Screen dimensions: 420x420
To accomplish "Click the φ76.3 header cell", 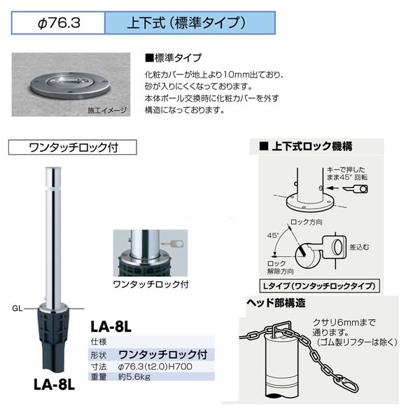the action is coord(58,23).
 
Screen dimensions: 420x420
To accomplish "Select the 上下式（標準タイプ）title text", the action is coord(186,23).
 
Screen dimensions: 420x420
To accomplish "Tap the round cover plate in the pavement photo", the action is coord(71,85).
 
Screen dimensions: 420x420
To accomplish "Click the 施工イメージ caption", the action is coord(107,110).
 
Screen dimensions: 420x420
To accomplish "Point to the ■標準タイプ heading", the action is coord(173,58).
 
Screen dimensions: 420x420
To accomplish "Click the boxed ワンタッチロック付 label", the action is coord(73,147).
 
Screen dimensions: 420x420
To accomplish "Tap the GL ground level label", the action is coord(17,308).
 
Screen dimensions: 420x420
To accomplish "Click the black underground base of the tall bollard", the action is coord(54,340).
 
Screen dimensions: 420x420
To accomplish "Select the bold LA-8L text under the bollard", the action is coord(54,385).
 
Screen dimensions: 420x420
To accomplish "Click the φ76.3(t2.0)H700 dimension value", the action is coord(155,366).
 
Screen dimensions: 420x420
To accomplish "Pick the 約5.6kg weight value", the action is coord(134,377).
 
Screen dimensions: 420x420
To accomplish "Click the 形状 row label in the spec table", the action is coord(99,355).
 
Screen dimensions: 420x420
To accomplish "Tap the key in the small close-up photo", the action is coord(173,244).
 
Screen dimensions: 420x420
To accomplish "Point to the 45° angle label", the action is coord(273,235).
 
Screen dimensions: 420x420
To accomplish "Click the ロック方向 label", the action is coord(307,222).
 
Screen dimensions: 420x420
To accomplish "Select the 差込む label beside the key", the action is coord(359,247).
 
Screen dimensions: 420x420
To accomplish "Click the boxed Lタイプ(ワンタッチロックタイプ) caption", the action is coord(319,286).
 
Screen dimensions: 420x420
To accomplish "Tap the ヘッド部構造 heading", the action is coord(276,303).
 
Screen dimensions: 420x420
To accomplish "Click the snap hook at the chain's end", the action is coord(350,384).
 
